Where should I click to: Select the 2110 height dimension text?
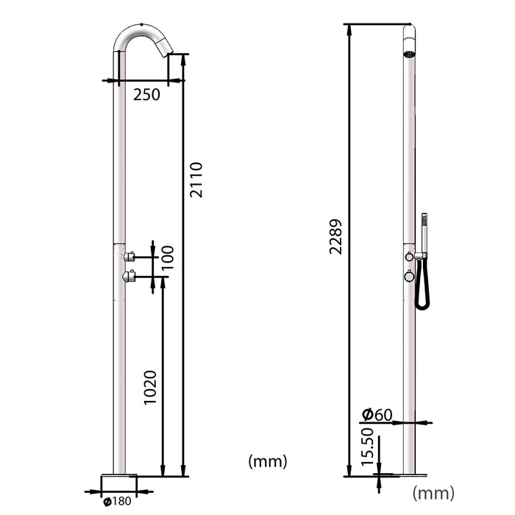(x=196, y=180)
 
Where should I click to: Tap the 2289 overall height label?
(x=335, y=237)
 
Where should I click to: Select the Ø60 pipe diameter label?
(x=377, y=414)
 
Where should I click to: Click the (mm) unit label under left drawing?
(x=268, y=461)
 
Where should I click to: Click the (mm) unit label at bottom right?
(x=433, y=492)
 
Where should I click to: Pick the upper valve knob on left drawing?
(x=130, y=257)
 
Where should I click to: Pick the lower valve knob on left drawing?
(x=130, y=277)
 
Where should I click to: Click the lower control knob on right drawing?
(x=408, y=277)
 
